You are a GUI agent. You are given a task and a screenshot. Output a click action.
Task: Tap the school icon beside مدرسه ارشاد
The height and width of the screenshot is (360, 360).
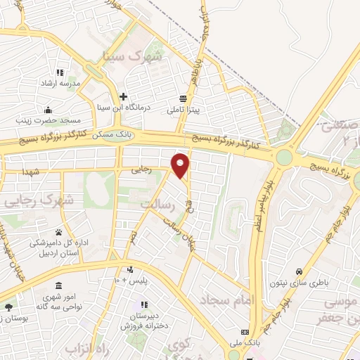pyautogui.click(x=60, y=72)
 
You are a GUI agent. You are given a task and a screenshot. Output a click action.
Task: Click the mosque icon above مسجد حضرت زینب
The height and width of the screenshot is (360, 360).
pyautogui.click(x=48, y=109)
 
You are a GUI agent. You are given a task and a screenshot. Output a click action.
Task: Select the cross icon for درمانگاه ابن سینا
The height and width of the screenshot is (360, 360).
pyautogui.click(x=124, y=96)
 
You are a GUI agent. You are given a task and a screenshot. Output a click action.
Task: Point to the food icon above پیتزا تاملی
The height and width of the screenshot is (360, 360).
pyautogui.click(x=184, y=99)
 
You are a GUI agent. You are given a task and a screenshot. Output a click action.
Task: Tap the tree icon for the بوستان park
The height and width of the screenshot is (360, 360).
pyautogui.click(x=8, y=307)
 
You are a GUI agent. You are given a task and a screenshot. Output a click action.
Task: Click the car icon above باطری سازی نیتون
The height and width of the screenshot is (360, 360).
pyautogui.click(x=298, y=271)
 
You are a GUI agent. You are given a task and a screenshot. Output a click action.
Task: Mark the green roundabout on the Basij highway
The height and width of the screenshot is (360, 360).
pyautogui.click(x=284, y=157)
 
